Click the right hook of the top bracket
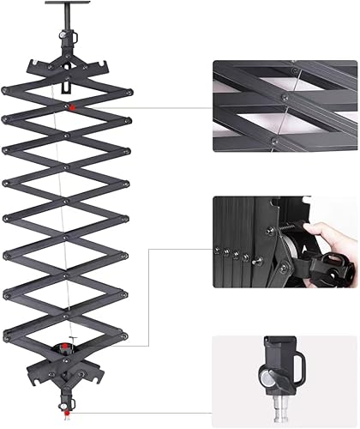click(105, 65)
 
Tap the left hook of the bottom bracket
click(32, 374)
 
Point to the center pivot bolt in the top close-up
click(282, 97)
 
